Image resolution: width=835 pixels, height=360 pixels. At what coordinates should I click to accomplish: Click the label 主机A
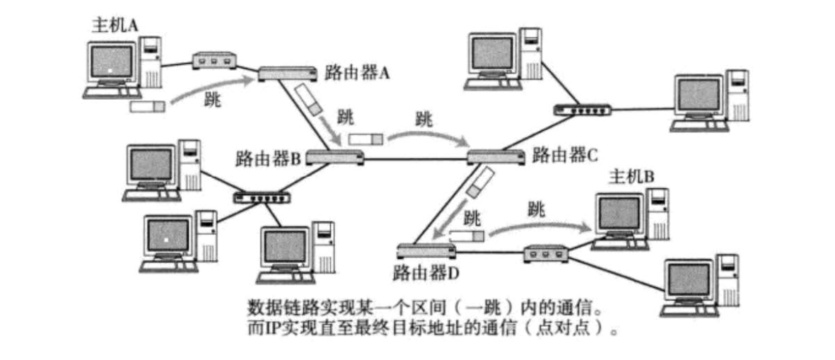115,25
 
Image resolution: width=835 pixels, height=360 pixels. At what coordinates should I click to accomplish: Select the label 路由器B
269,157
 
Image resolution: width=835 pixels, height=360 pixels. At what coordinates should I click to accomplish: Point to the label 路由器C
565,153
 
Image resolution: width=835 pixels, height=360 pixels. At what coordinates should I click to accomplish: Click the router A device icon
287,72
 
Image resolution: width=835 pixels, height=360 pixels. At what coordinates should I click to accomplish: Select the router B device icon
335,156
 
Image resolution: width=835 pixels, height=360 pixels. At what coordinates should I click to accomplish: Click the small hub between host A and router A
212,61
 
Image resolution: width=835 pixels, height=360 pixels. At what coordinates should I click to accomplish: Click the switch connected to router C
582,110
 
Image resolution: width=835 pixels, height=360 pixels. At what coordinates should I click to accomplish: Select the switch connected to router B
262,196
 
